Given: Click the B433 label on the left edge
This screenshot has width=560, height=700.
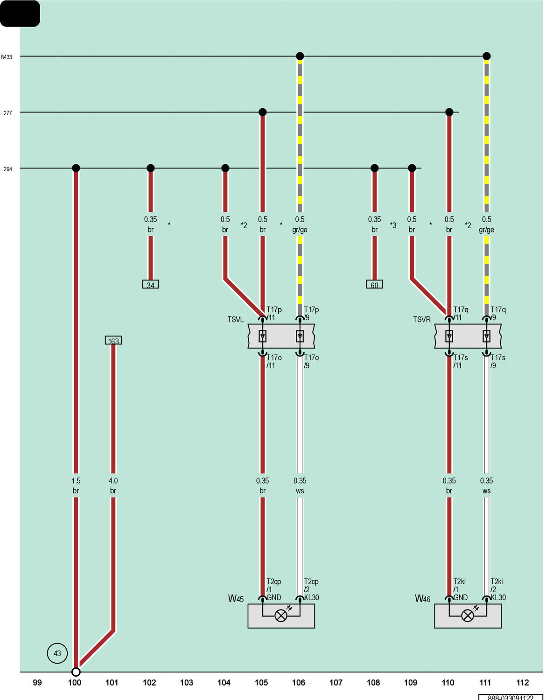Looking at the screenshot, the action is (6, 57).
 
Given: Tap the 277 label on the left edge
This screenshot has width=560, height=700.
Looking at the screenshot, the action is (7, 113).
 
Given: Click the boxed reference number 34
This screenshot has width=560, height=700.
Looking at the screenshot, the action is (150, 284).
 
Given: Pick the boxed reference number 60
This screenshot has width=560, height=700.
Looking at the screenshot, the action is (374, 284).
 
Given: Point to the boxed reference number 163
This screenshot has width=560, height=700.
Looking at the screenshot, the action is (113, 340).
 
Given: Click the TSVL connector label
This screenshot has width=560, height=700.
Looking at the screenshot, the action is (235, 319).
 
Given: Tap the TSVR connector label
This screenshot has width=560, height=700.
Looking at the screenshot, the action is (421, 319).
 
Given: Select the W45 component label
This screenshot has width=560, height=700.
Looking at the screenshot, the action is (236, 599).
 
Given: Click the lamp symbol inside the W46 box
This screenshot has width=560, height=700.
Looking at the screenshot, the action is (467, 616).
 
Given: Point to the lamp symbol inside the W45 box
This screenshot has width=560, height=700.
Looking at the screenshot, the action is (281, 616).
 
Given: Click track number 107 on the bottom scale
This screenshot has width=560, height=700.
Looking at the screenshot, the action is (336, 682).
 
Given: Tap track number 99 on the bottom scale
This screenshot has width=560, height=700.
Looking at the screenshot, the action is (37, 682).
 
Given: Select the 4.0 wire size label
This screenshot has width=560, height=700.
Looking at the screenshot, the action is (113, 481).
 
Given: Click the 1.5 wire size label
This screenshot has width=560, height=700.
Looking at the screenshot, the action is (76, 481).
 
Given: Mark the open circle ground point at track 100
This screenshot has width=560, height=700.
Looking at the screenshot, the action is (76, 672).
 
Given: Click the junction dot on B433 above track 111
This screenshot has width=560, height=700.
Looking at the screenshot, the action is (486, 56).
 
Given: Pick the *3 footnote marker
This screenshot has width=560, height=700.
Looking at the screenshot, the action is (393, 225).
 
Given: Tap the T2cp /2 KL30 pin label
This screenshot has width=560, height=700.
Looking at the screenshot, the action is (311, 589).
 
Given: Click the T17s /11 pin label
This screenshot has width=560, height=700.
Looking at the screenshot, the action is (461, 361).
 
